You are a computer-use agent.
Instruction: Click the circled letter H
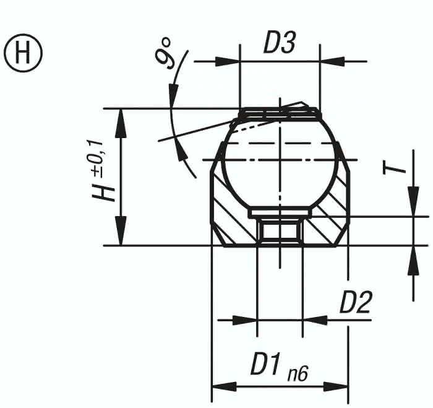(24, 53)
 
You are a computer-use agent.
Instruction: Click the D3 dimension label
(280, 43)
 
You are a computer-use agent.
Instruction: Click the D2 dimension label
(356, 302)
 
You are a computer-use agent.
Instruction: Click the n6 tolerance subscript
(298, 374)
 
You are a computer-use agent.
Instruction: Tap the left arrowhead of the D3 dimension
(227, 61)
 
